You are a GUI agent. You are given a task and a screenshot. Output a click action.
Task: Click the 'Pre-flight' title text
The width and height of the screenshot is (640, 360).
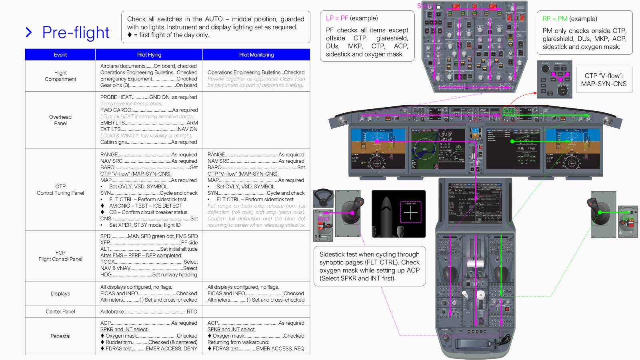[76, 32]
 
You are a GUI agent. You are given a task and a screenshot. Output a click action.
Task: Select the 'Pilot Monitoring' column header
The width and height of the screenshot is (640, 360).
[256, 55]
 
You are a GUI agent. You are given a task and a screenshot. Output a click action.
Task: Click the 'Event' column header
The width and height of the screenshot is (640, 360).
[60, 55]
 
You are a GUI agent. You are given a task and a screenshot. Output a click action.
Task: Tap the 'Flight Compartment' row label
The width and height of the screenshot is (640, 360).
[60, 76]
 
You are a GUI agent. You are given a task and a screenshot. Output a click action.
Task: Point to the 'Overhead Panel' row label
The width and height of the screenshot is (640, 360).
[60, 120]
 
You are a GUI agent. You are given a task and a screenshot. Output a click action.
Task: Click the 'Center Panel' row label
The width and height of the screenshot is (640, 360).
[60, 312]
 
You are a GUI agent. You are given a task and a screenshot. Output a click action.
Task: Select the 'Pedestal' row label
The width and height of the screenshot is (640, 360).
[60, 336]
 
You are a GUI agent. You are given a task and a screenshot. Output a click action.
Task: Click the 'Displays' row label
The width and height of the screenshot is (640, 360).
[60, 294]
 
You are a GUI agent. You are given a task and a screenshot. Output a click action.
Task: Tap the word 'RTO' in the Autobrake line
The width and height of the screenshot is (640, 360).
[192, 312]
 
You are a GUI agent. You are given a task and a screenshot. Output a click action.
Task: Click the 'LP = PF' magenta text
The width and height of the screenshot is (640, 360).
[337, 18]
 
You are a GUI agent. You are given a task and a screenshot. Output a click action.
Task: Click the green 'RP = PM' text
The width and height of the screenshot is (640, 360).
[555, 19]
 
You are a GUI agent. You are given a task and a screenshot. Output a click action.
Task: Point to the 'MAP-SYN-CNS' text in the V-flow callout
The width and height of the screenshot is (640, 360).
[604, 84]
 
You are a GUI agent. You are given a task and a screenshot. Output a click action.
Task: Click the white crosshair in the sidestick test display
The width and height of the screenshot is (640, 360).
[410, 212]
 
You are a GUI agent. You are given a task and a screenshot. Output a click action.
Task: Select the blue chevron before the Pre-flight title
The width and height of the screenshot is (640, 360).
[29, 32]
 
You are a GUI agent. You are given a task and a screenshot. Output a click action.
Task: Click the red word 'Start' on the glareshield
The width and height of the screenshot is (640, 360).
[509, 111]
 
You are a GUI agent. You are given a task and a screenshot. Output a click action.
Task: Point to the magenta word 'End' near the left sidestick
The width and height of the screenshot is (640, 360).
[323, 218]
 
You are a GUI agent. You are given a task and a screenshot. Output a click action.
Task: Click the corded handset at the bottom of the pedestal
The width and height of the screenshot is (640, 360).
[480, 343]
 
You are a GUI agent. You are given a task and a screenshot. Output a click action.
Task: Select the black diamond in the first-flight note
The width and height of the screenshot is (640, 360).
[130, 35]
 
